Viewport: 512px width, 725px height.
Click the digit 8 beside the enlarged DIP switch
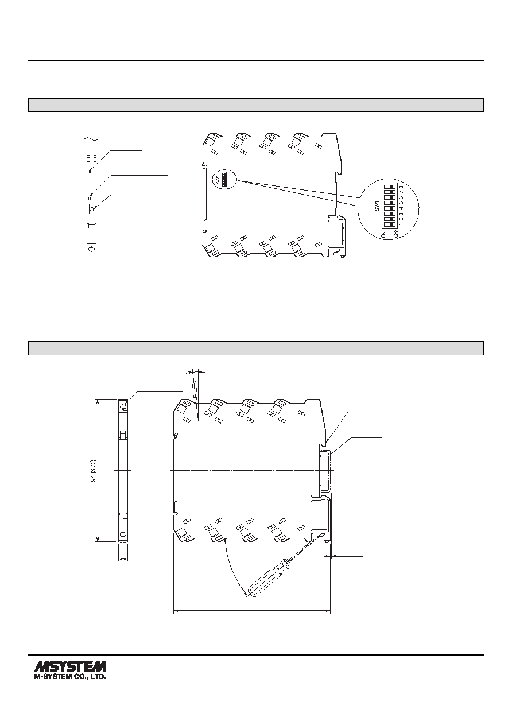(x=402, y=187)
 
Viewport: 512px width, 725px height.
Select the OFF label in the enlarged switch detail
(x=395, y=235)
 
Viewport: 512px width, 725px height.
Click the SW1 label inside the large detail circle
(x=376, y=206)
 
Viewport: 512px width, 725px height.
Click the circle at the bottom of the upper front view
(x=92, y=249)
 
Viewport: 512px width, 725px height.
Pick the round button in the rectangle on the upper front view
(x=92, y=210)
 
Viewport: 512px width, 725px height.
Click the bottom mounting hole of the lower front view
(x=123, y=533)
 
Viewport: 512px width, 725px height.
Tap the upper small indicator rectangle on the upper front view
(x=90, y=169)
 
